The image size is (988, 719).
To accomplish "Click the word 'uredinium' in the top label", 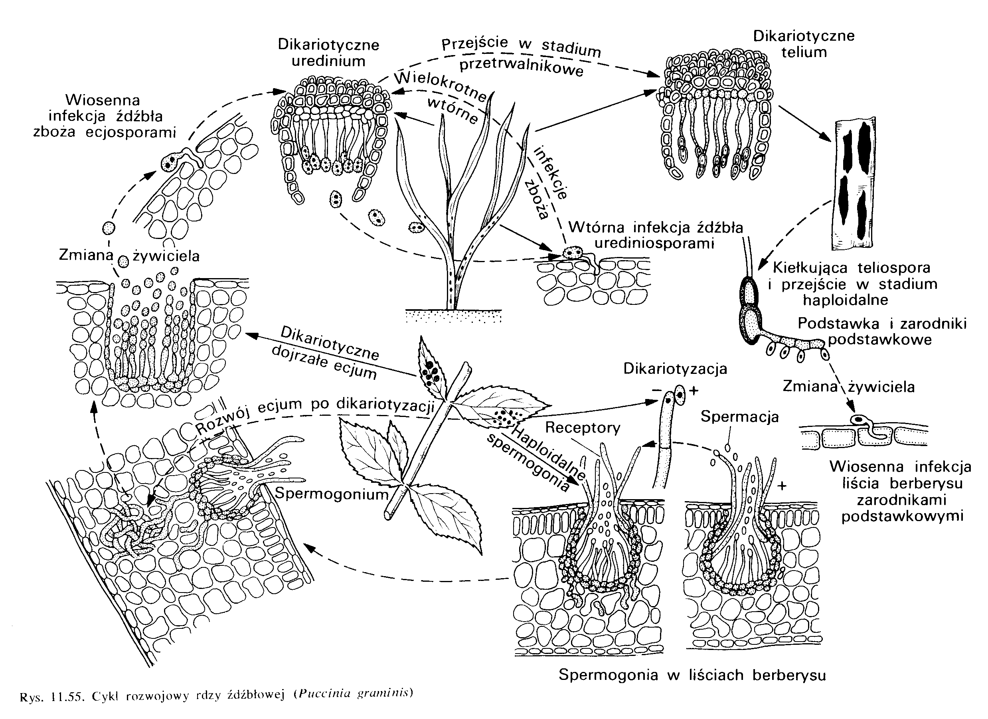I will click(x=328, y=61).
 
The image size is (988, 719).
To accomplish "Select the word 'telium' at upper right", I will click(x=804, y=53).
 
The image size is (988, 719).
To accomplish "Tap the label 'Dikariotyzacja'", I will click(x=675, y=369).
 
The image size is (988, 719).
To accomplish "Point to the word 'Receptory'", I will click(x=583, y=428).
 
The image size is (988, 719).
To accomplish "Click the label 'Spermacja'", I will click(x=739, y=417).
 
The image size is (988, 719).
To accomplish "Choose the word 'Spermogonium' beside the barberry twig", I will click(x=332, y=494).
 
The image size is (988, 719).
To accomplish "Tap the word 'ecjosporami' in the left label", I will click(x=131, y=132).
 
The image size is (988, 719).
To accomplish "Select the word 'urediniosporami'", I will click(x=654, y=243).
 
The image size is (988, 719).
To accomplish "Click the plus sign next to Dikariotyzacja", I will click(x=694, y=390).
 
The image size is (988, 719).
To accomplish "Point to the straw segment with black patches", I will click(x=854, y=183).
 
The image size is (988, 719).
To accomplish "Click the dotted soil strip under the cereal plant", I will click(x=453, y=316).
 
